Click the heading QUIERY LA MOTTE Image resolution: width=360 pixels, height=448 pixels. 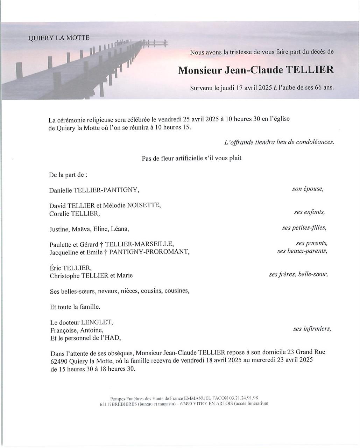59,38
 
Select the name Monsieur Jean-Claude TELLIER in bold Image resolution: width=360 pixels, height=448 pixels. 256,70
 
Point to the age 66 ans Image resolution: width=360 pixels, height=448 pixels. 324,88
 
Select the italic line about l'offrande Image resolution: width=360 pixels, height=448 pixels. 279,142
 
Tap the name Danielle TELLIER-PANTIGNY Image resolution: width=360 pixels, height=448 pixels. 94,190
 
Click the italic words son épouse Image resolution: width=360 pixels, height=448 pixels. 308,189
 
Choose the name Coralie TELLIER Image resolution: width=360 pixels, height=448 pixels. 74,213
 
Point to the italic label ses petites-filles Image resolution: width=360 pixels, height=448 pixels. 304,228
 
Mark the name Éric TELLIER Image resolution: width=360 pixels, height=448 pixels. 71,268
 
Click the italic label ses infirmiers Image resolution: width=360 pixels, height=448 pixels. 312,329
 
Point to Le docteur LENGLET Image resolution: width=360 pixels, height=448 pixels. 82,322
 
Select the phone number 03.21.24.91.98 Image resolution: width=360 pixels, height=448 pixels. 243,398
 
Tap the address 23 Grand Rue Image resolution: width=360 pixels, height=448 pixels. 308,352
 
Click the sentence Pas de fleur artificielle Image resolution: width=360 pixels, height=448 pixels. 191,158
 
